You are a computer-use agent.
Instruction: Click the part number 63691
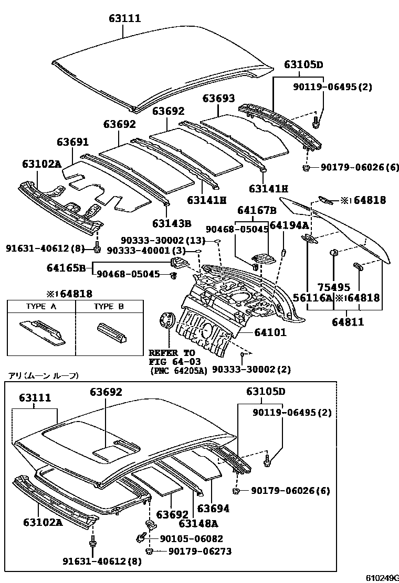click(73, 142)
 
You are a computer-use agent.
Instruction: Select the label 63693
click(219, 98)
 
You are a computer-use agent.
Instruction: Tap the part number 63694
click(213, 508)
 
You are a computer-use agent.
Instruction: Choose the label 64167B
click(257, 210)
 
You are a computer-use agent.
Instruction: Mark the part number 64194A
click(289, 225)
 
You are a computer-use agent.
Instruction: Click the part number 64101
click(270, 332)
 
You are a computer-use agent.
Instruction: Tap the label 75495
click(333, 287)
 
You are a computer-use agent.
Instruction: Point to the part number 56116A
click(320, 298)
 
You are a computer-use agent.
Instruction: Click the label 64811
click(348, 322)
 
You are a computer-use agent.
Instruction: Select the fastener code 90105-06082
click(191, 538)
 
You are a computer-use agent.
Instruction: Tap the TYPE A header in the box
click(41, 306)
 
